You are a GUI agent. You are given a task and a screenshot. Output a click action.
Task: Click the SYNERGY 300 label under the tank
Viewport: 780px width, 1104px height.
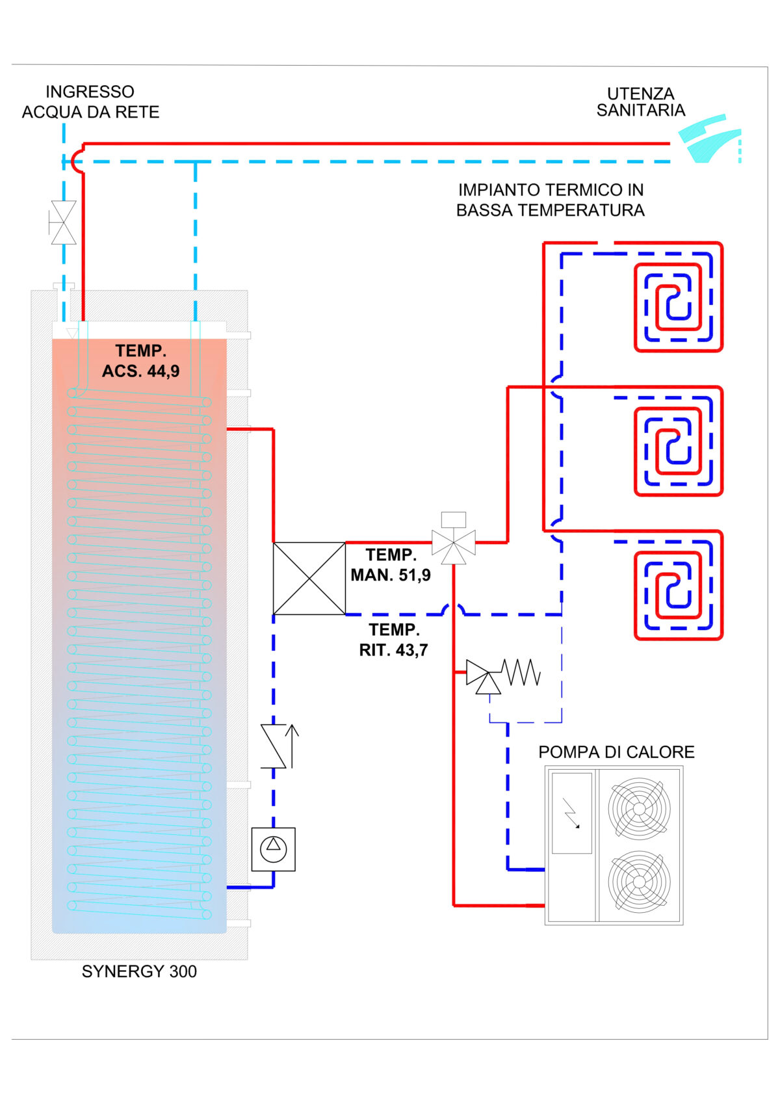pos(139,971)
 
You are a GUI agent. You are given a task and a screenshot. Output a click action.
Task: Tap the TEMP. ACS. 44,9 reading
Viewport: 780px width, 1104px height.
pos(140,361)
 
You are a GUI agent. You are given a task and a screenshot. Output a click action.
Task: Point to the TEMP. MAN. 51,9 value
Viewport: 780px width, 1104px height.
pos(391,565)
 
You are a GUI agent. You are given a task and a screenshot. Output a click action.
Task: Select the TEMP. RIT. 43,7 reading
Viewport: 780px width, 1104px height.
pos(394,640)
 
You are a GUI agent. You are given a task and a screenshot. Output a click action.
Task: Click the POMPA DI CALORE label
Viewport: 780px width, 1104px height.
pos(616,752)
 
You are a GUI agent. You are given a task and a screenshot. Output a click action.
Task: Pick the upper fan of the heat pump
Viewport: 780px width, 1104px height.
pos(639,808)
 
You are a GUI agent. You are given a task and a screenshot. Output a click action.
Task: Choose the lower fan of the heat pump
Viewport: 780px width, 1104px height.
pos(639,882)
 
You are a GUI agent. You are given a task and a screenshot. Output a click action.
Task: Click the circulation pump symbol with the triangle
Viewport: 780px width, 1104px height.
pos(273,849)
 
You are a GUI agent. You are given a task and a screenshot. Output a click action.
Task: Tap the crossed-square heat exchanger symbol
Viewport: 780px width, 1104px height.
pos(309,578)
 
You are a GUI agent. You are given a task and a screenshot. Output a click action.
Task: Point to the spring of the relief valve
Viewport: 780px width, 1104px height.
pos(522,672)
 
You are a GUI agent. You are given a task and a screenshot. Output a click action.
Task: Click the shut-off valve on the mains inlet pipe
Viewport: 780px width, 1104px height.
pos(63,222)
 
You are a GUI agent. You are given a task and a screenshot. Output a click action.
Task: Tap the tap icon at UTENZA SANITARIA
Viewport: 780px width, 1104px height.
pos(709,138)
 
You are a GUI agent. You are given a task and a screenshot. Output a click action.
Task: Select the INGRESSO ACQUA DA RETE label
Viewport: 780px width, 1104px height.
pos(90,102)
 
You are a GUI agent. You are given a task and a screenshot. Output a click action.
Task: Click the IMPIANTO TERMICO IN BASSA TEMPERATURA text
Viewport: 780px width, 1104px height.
pos(550,200)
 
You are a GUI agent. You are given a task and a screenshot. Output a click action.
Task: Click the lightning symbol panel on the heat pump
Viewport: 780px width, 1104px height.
pos(571,813)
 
